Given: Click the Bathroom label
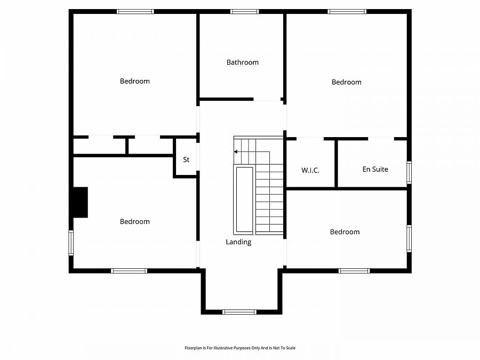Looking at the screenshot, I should tap(242, 62).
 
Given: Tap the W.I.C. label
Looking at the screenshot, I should tap(310, 170).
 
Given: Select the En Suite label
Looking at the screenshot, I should tap(375, 169).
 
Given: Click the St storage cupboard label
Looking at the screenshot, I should tap(186, 159).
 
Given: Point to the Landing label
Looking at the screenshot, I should tap(238, 242).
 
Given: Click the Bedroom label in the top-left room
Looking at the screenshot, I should tap(134, 81).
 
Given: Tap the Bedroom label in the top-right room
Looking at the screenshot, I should tap(346, 82).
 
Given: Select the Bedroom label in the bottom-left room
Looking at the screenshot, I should tap(134, 221).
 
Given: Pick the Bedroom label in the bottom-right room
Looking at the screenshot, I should tap(345, 231).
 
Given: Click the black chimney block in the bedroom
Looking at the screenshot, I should tap(80, 202).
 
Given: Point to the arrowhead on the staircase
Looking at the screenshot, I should tap(236, 152).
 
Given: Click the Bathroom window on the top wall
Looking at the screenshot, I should tap(244, 11).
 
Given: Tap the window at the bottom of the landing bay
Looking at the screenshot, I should tap(239, 311).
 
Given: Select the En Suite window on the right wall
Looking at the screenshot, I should tap(409, 172).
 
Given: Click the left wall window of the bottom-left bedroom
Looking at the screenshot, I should tap(70, 243).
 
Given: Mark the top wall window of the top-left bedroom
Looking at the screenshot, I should tap(135, 11).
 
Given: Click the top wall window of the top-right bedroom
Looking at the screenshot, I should tap(347, 11).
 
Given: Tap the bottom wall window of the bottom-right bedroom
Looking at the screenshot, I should tap(354, 271).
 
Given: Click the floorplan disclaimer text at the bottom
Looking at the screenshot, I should tap(239, 348).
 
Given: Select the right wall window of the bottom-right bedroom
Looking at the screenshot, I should tap(409, 238).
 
